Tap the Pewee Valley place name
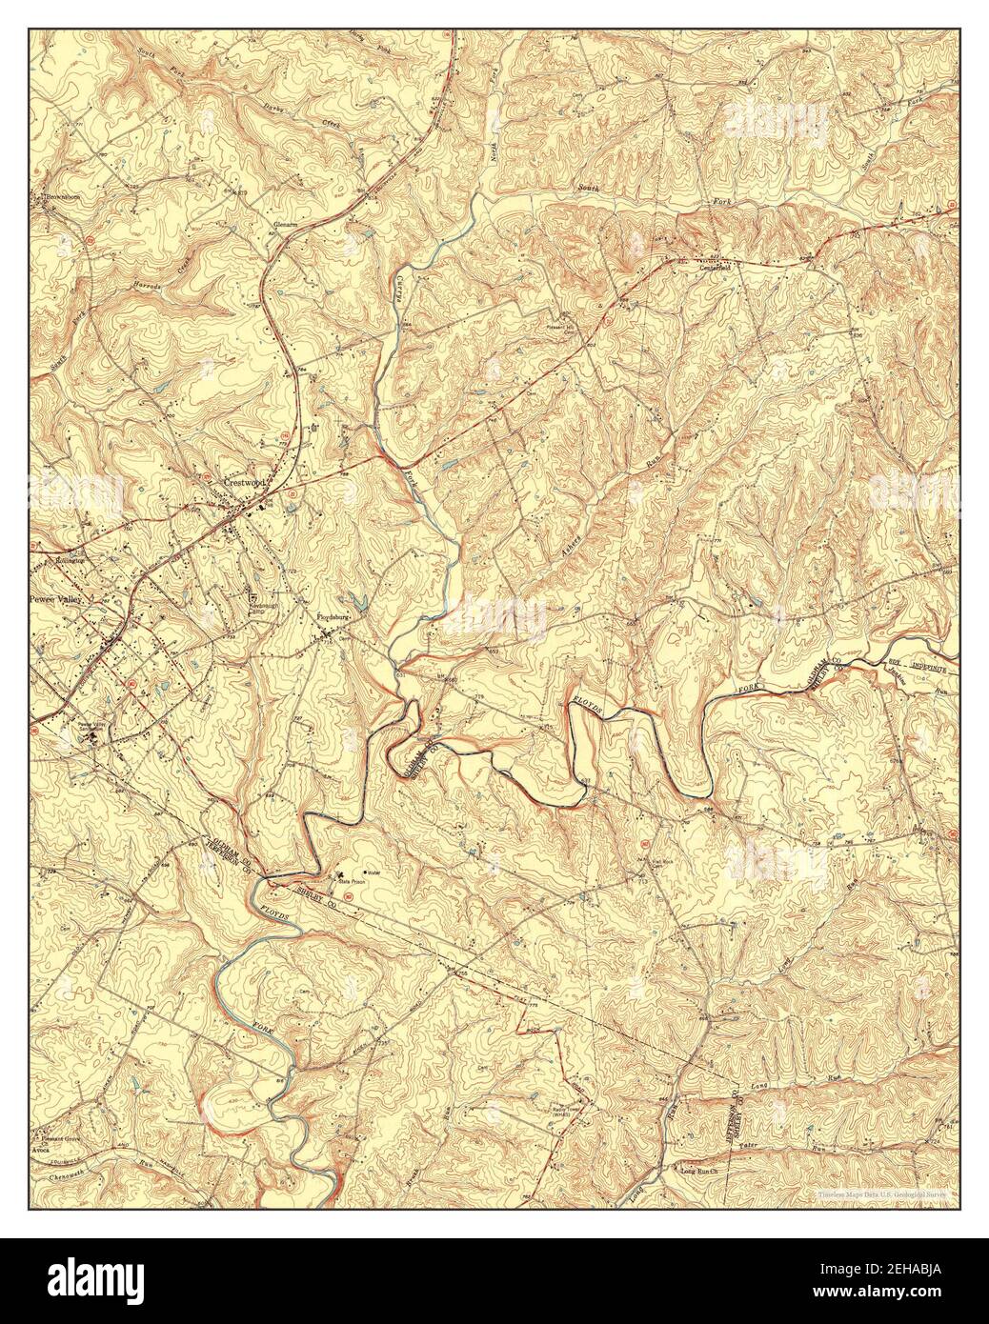pos(58,601)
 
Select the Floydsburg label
pos(336,617)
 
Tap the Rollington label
pos(74,561)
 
